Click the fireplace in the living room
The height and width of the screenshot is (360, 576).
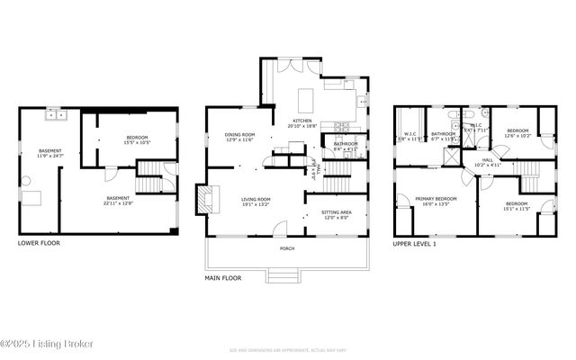204,198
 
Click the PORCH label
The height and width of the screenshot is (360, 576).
286,249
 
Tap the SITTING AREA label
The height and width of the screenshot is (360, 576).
337,212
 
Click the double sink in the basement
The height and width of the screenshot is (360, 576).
57,115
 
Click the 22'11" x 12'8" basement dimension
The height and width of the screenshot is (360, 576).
119,203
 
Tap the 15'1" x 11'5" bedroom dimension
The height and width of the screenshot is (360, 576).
517,209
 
